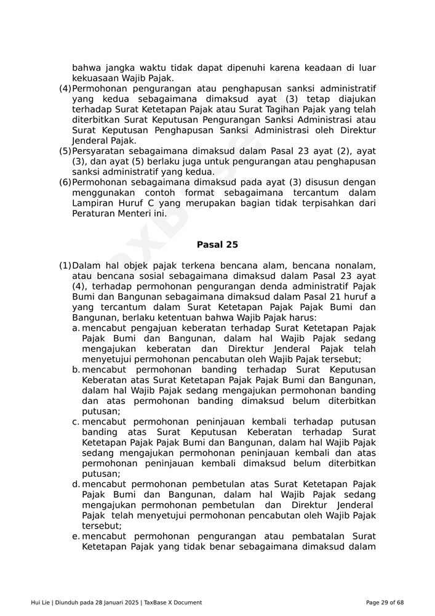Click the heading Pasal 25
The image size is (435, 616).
point(217,245)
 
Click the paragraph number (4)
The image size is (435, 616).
point(65,89)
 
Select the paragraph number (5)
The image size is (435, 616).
point(65,152)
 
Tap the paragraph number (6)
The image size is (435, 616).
point(65,183)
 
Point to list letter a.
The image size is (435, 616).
point(76,328)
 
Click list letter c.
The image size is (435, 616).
point(76,422)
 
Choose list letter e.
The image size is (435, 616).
point(76,537)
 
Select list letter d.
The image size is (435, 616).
point(76,485)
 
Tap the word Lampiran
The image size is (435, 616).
point(92,203)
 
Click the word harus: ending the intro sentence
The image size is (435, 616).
point(301,318)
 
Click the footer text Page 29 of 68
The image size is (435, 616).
point(385,602)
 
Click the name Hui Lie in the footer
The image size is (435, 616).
point(41,602)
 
